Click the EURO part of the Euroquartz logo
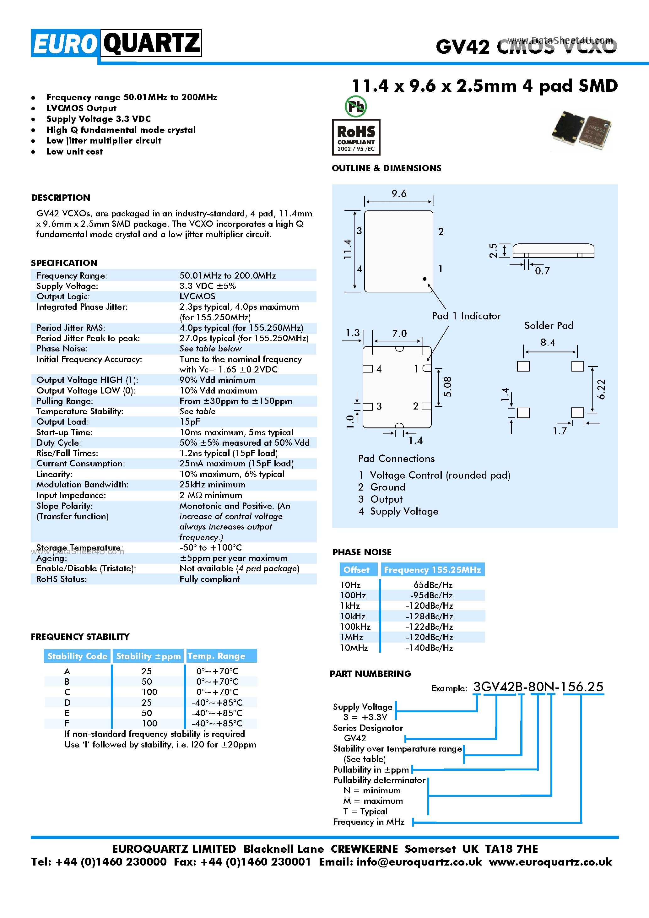65,43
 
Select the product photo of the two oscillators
581,130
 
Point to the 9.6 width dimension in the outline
399,194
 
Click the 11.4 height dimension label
347,249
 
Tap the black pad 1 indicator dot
425,279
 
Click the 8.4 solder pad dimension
548,343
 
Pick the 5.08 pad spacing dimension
448,387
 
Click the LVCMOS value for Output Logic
197,296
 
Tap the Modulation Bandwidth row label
82,485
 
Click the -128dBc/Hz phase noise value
429,616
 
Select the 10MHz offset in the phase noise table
354,648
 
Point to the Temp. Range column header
217,656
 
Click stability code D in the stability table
67,703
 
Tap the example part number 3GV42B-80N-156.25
538,687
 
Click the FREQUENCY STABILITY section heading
80,637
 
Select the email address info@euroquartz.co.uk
419,862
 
